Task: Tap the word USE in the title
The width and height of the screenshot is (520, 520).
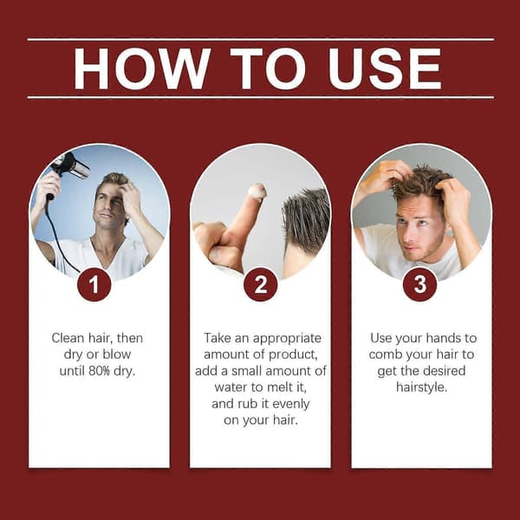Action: pyautogui.click(x=385, y=68)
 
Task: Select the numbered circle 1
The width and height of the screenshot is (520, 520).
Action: pyautogui.click(x=94, y=284)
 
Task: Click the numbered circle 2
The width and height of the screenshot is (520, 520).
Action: pyautogui.click(x=260, y=284)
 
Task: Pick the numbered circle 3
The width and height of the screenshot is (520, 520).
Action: pyautogui.click(x=419, y=284)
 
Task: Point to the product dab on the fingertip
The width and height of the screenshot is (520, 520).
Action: pyautogui.click(x=257, y=192)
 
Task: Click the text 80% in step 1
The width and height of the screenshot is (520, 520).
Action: pyautogui.click(x=99, y=371)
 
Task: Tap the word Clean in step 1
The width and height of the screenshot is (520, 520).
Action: pyautogui.click(x=68, y=338)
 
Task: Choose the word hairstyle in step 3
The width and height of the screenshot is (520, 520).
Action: pyautogui.click(x=420, y=387)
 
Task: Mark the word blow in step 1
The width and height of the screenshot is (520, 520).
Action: pyautogui.click(x=117, y=354)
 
